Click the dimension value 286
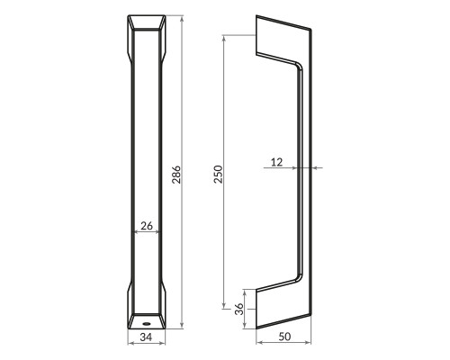[176, 175]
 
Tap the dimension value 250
[218, 174]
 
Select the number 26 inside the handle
[147, 226]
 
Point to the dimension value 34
[146, 337]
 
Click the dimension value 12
[276, 162]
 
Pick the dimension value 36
[239, 309]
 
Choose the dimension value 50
[284, 337]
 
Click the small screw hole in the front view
[147, 324]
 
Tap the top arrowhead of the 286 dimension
[182, 20]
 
